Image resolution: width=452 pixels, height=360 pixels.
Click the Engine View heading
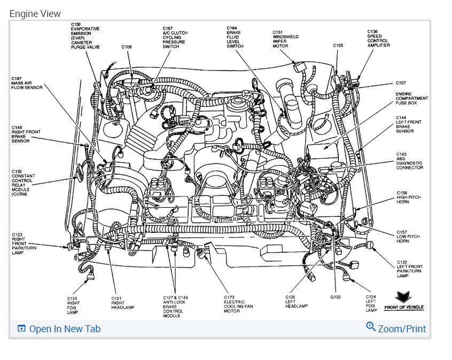(x=35, y=14)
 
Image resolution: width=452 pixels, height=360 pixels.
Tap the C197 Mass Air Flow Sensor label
(x=26, y=83)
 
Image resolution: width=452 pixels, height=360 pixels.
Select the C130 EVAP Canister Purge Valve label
(x=85, y=36)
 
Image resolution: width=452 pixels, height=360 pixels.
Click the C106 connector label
(x=126, y=47)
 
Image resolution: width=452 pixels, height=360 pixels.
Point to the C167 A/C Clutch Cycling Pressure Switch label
(x=175, y=37)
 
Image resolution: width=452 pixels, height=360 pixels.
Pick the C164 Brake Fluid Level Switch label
(x=235, y=37)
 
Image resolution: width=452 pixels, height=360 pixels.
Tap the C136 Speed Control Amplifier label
(x=378, y=38)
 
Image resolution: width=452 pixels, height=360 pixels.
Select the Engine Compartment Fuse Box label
(x=411, y=98)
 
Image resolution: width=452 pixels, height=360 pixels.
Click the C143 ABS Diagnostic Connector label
(x=409, y=161)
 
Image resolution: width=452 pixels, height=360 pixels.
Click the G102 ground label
(x=336, y=297)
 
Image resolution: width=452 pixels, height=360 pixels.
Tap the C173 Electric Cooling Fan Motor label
(x=237, y=304)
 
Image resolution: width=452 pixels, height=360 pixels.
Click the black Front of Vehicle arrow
(x=403, y=297)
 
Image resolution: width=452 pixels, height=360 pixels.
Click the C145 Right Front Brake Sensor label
(x=21, y=134)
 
